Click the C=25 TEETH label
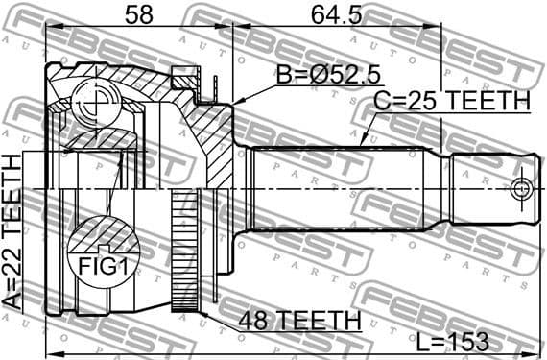tap(451, 102)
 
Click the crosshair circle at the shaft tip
tap(521, 188)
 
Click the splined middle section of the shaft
tap(345, 188)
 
